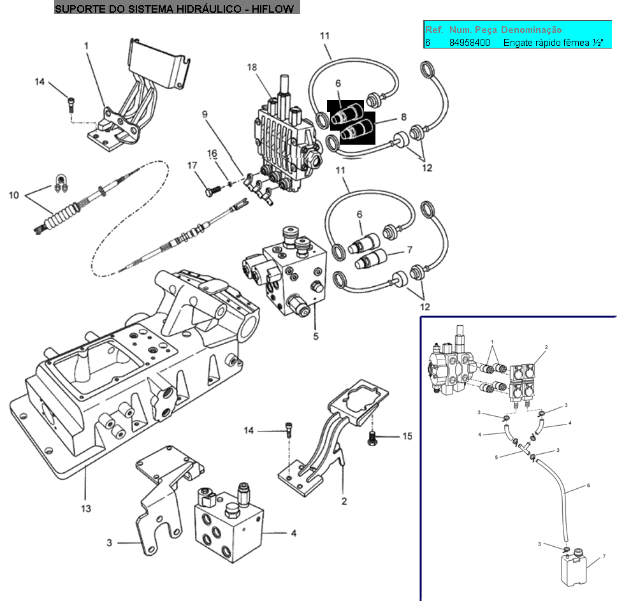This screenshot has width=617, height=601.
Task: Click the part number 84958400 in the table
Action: click(469, 43)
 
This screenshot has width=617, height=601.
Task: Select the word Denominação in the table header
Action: click(531, 30)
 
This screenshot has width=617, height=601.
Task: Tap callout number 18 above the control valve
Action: click(252, 68)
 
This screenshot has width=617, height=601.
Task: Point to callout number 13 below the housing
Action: click(86, 509)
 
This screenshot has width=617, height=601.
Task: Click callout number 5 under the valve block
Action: click(316, 337)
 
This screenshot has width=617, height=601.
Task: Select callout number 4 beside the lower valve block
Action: click(294, 533)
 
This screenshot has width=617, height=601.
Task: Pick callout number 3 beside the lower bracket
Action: click(110, 543)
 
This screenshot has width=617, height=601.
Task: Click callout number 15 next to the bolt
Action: click(407, 436)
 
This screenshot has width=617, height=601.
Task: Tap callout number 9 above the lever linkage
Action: click(205, 114)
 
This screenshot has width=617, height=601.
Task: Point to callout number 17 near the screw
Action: click(192, 165)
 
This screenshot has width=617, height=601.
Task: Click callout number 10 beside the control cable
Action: click(14, 195)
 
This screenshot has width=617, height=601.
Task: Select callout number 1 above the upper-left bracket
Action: click(86, 46)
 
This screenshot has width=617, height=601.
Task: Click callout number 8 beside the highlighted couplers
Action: click(403, 117)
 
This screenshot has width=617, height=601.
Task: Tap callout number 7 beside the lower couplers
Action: click(410, 250)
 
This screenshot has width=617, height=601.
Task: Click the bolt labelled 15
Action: click(372, 438)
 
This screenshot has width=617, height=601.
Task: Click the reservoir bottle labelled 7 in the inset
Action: click(573, 568)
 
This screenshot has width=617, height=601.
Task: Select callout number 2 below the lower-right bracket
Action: click(344, 501)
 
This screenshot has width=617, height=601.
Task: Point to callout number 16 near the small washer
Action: click(212, 154)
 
